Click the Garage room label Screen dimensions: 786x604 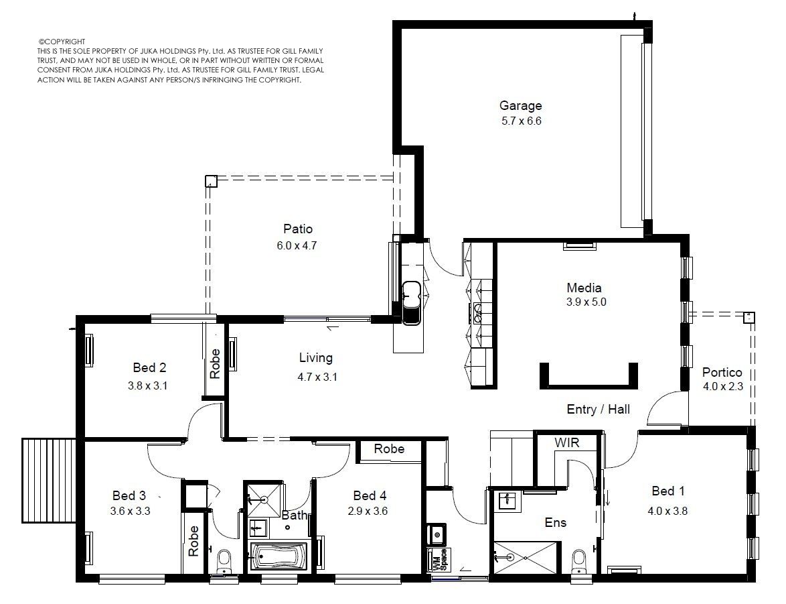point(520,105)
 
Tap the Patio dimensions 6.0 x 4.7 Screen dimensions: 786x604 point(297,245)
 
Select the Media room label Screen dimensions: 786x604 point(584,288)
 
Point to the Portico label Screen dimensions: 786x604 point(722,372)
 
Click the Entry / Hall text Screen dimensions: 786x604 point(598,409)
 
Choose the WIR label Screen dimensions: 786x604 point(567,442)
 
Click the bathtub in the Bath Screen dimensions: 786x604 point(279,556)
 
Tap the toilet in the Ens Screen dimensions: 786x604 point(579,561)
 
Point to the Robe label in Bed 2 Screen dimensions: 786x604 point(214,363)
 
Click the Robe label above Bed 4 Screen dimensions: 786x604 point(389,449)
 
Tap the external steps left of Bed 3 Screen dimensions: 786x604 point(48,481)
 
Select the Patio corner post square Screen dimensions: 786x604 point(211,181)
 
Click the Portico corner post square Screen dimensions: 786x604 point(749,317)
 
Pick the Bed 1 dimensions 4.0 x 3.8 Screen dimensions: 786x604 point(667,511)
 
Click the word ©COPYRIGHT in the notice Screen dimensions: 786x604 point(62,42)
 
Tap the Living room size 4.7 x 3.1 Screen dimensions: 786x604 point(317,377)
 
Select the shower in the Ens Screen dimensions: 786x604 point(525,557)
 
